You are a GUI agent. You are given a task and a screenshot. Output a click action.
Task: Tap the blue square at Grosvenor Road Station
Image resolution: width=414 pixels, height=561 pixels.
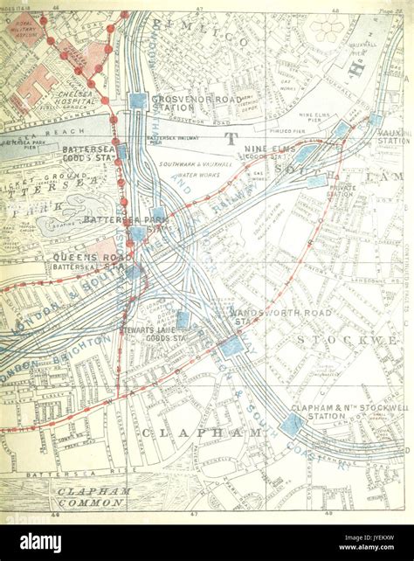(x=138, y=100)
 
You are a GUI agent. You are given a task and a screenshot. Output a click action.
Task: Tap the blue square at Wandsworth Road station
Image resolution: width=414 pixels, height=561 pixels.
(x=231, y=346)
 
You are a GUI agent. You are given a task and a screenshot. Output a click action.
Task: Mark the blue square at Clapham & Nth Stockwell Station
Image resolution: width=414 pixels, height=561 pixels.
(x=292, y=425)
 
